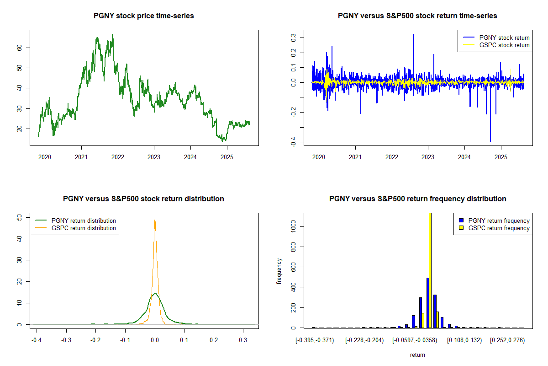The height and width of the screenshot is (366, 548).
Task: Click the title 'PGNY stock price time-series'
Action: (x=144, y=16)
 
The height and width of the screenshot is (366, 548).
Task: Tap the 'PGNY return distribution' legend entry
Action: (x=84, y=221)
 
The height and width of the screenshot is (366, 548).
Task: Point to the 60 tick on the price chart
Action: (x=21, y=48)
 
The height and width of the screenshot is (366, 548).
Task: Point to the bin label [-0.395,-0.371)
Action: (x=315, y=340)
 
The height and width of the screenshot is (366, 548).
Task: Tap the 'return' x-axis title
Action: (x=417, y=355)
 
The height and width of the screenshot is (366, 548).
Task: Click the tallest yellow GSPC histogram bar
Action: (x=430, y=274)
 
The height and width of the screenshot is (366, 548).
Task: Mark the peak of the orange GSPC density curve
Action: (x=155, y=220)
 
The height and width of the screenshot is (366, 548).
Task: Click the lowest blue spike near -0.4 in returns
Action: (x=490, y=141)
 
